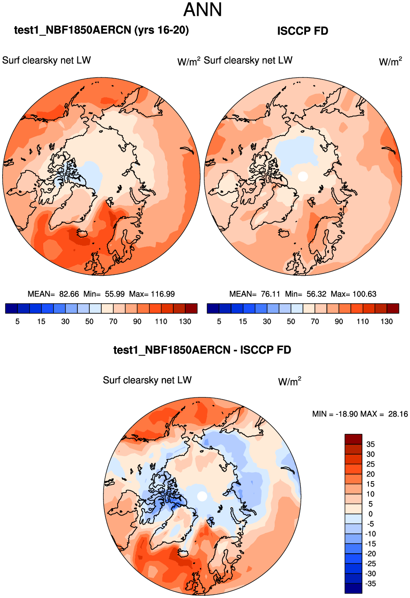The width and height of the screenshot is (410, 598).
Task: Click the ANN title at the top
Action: click(x=203, y=10)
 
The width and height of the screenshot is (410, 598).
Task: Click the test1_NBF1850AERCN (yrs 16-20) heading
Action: click(x=101, y=30)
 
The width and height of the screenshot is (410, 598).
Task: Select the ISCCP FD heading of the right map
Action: click(x=303, y=31)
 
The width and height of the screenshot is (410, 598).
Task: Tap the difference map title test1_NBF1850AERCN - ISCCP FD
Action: click(x=202, y=350)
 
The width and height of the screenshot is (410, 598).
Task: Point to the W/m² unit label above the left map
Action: click(x=189, y=61)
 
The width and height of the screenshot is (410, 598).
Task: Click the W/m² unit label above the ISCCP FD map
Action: click(x=391, y=61)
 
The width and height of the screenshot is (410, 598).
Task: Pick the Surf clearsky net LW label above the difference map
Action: click(x=147, y=380)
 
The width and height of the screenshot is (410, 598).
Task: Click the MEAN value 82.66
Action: click(x=69, y=294)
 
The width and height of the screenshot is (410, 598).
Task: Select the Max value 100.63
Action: click(x=364, y=294)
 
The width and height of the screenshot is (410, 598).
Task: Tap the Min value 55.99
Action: click(x=115, y=294)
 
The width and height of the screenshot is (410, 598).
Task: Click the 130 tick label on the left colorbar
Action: click(x=185, y=321)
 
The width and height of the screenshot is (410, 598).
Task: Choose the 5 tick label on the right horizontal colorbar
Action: click(x=219, y=321)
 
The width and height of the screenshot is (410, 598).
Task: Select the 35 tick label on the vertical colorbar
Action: click(x=371, y=444)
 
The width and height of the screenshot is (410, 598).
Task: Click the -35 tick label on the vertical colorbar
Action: click(x=371, y=583)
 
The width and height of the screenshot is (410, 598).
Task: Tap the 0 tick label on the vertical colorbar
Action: click(x=371, y=514)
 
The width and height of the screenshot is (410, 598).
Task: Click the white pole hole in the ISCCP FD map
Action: click(x=303, y=176)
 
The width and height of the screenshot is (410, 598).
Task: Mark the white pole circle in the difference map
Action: click(x=202, y=496)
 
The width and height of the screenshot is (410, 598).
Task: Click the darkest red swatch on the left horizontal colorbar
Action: click(x=191, y=309)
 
